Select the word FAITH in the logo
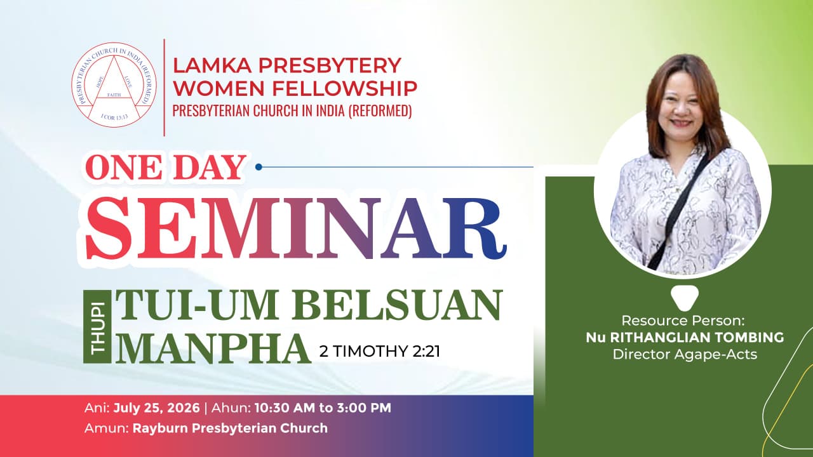pyautogui.click(x=114, y=95)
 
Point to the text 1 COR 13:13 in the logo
pyautogui.click(x=114, y=117)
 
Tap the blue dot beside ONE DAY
pyautogui.click(x=259, y=167)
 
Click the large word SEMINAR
pyautogui.click(x=296, y=228)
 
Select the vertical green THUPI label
pyautogui.click(x=97, y=327)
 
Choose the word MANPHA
pyautogui.click(x=213, y=348)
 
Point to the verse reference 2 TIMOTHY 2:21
pyautogui.click(x=380, y=351)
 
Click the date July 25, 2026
pyautogui.click(x=156, y=407)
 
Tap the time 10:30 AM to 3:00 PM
pyautogui.click(x=323, y=407)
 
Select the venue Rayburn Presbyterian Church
pyautogui.click(x=230, y=428)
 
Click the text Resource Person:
pyautogui.click(x=683, y=321)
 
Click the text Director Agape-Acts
pyautogui.click(x=685, y=354)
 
